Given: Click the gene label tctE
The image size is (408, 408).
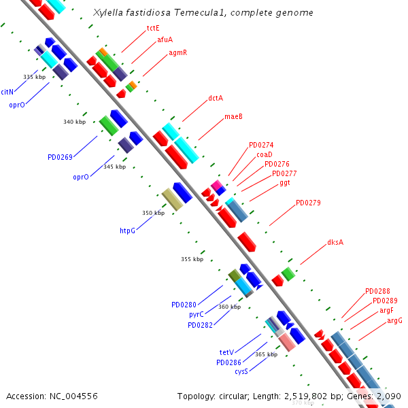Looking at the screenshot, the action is pos(153,28).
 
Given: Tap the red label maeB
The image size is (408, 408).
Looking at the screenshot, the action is pos(233,116).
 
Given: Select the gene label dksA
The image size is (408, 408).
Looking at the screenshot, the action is pos(335,242).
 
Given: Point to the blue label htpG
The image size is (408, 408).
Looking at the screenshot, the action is pos(128,231).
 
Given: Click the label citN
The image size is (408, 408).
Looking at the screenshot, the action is pos(7,92).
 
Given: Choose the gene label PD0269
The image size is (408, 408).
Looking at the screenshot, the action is pos(60,157).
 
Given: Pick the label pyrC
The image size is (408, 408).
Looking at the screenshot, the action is pos(197,314).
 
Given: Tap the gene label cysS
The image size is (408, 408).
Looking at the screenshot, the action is pos(241,371).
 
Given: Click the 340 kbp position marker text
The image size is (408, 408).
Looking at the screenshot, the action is pos(74,122).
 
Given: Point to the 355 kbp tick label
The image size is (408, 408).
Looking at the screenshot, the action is pos(192,259).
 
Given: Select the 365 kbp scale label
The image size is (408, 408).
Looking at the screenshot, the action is pos(266,354).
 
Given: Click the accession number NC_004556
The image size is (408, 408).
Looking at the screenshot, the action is pos(73,396).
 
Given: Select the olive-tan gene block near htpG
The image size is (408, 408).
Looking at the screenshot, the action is pos(172,199).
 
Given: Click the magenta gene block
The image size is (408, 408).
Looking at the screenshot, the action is pos(216,185).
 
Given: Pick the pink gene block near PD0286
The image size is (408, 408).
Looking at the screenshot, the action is pos(287,342).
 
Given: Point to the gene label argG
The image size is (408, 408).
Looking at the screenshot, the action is pos(394,320).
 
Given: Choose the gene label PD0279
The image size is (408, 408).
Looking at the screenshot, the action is pos(308,203).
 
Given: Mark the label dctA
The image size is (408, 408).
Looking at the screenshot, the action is pos(216,98).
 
